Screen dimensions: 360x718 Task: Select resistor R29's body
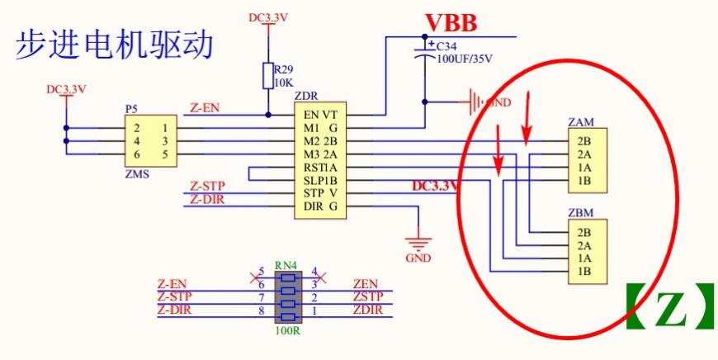267,75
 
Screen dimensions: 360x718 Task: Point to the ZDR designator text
306,97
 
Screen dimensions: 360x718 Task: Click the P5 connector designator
131,108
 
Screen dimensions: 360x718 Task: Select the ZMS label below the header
136,174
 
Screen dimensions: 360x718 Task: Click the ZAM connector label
581,122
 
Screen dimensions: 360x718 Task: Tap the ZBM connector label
581,213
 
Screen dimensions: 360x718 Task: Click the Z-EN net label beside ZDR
204,108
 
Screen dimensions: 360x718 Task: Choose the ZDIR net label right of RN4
367,310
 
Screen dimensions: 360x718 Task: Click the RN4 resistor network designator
286,265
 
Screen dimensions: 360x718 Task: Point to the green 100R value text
286,332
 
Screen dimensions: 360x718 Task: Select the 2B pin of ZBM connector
585,232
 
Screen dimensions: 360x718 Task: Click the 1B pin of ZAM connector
585,180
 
